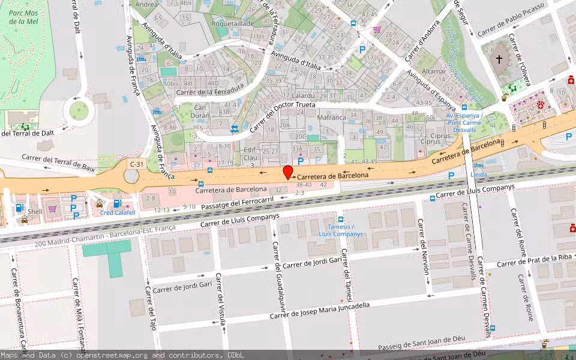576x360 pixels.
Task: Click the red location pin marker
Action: pos(288,172)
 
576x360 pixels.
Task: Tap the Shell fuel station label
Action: pos(35,211)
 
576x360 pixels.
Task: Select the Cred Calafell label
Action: pos(118,212)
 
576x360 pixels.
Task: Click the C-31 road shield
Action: pos(137,163)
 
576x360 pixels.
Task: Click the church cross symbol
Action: pos(499,59)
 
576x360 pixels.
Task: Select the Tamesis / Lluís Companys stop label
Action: pos(341,230)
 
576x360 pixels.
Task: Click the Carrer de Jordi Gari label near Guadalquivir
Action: pos(308,263)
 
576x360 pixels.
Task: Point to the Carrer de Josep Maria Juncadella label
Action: pos(319,310)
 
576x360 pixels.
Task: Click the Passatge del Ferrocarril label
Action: pos(237,202)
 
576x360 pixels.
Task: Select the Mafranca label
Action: pos(332,118)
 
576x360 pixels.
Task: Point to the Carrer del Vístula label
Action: pos(220,299)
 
